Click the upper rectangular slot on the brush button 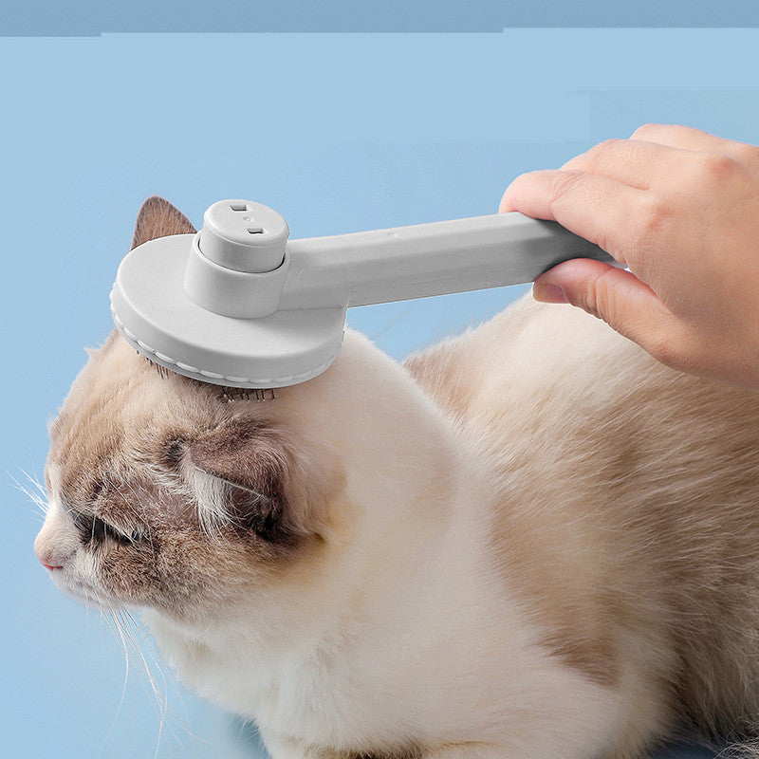point(238,208)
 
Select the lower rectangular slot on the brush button point(255,229)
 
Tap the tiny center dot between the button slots point(247,218)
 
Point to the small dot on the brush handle point(390,233)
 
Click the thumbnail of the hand point(550,291)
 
